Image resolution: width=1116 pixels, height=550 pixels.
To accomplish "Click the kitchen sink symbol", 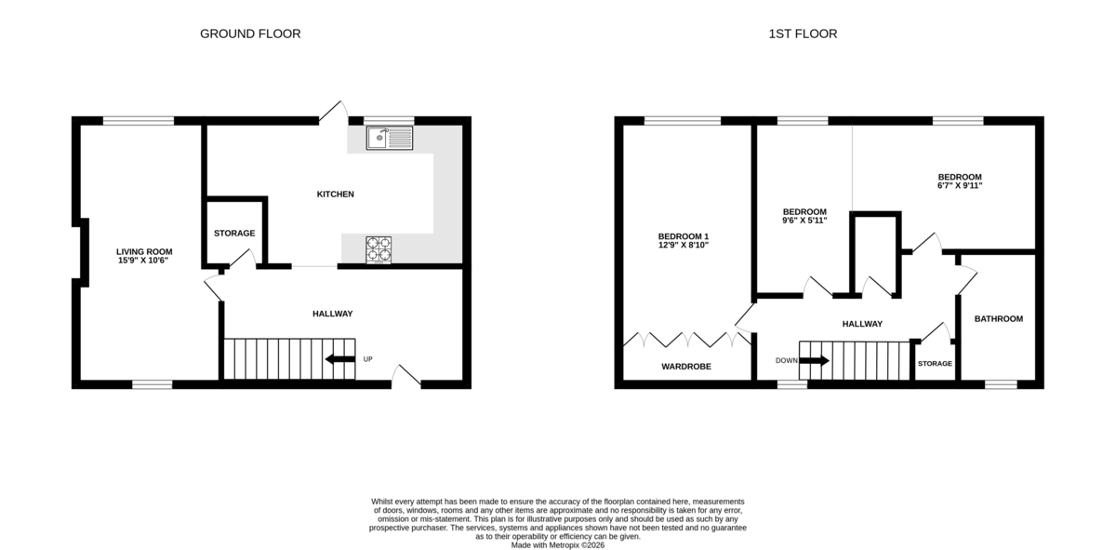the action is click(390, 138).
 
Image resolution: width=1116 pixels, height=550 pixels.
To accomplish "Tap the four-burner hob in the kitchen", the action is click(379, 249).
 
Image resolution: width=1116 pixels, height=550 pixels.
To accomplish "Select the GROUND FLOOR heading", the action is click(250, 34).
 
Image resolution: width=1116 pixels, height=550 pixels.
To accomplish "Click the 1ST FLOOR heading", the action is click(803, 34).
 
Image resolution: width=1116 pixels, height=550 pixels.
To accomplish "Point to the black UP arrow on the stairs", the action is click(340, 359).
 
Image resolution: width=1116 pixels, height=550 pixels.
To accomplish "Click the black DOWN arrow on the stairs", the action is click(814, 360).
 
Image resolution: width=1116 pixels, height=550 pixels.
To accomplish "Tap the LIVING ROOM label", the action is click(144, 252).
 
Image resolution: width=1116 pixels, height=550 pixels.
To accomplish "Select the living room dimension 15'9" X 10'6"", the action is click(143, 261).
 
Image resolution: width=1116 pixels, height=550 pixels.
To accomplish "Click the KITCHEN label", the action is click(336, 194).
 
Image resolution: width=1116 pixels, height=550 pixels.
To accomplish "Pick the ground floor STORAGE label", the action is click(234, 233).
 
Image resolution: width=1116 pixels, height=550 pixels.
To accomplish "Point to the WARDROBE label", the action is click(686, 367).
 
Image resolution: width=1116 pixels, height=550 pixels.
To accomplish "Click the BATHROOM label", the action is click(999, 318).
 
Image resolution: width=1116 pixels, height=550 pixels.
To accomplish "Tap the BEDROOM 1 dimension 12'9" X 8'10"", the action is click(684, 245).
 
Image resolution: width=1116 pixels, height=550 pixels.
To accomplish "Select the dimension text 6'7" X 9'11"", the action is click(960, 185).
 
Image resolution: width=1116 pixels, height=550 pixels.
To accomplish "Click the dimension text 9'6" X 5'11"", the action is click(804, 221).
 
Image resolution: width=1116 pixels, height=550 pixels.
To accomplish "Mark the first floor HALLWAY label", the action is click(862, 324).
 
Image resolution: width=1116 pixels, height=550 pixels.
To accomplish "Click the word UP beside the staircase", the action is click(367, 359).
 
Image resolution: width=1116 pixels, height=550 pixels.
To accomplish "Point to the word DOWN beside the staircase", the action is click(786, 360).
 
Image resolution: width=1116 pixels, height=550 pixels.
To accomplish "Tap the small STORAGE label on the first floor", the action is click(935, 364).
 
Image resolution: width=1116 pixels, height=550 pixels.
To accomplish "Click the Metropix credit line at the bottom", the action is click(557, 545).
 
